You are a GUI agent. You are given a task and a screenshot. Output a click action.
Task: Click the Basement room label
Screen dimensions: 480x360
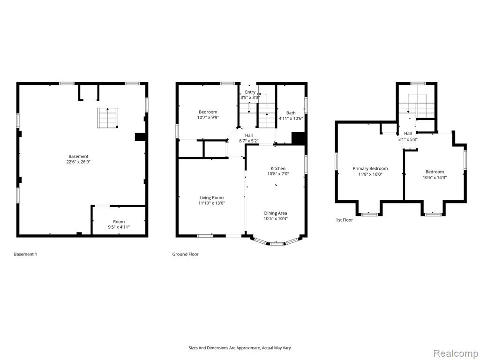[x=78, y=156]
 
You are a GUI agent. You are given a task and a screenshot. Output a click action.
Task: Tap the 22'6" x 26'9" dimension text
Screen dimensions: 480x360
[x=78, y=162]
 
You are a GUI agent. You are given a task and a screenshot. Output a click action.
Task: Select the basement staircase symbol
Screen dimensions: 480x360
[x=108, y=118]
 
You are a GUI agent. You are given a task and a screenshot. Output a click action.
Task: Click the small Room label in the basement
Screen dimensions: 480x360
[x=119, y=221]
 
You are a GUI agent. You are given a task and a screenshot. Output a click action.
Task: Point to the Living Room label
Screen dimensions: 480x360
[x=211, y=197]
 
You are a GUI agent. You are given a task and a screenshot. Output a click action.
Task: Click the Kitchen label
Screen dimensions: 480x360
[x=278, y=168]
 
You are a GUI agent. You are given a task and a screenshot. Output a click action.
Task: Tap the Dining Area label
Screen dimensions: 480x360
[x=276, y=213]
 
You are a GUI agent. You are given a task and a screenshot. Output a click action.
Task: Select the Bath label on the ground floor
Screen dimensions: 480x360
[x=291, y=112]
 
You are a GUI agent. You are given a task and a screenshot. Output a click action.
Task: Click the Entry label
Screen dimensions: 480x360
[x=250, y=92]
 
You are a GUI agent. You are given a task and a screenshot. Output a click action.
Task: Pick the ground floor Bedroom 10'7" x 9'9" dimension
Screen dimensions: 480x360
[x=208, y=117]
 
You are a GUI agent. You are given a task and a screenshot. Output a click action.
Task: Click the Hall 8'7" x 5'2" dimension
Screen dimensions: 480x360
[x=249, y=141]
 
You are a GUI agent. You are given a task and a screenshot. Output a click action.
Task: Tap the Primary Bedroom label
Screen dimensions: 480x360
[x=370, y=168]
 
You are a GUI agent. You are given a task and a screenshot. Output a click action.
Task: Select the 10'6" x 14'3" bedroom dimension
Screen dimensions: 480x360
[x=435, y=177]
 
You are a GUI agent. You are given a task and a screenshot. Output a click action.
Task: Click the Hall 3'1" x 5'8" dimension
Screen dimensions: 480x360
[x=408, y=139]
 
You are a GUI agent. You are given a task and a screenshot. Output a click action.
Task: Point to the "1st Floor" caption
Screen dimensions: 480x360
[x=345, y=220]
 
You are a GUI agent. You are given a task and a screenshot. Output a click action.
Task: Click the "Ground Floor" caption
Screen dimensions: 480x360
[x=186, y=254]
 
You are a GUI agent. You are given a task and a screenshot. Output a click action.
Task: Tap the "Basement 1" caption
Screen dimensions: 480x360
[x=25, y=254]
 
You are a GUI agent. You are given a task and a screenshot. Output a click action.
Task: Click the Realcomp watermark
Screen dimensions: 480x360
[x=455, y=353]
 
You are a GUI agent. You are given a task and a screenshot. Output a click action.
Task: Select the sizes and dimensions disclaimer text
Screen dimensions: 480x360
[x=240, y=348]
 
